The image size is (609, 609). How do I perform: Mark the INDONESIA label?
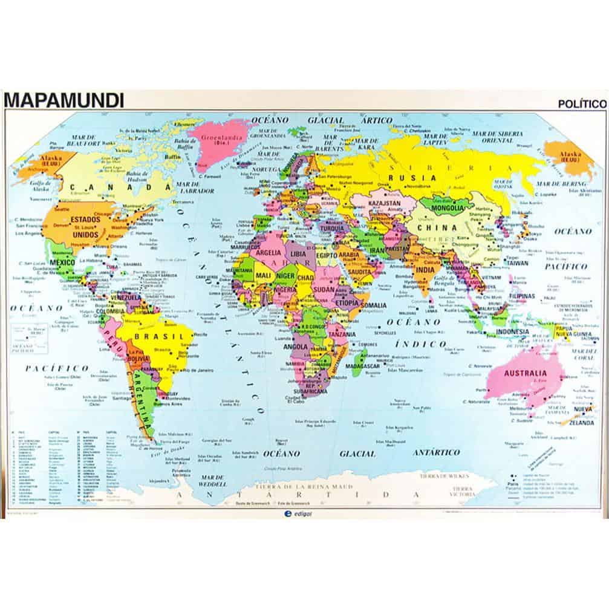click(512, 332)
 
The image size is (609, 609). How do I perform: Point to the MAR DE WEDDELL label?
click(211, 479)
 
